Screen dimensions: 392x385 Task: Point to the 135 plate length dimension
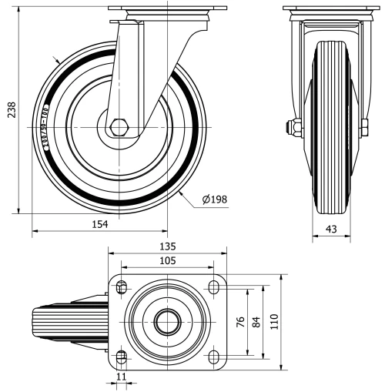[x=168, y=246]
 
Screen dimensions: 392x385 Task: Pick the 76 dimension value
[x=239, y=321]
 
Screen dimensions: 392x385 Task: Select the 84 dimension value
[x=256, y=321]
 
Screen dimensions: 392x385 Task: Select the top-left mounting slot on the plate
[x=121, y=287]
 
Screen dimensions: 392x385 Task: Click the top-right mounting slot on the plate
[x=213, y=287]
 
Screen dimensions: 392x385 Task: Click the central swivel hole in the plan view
[x=166, y=322]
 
